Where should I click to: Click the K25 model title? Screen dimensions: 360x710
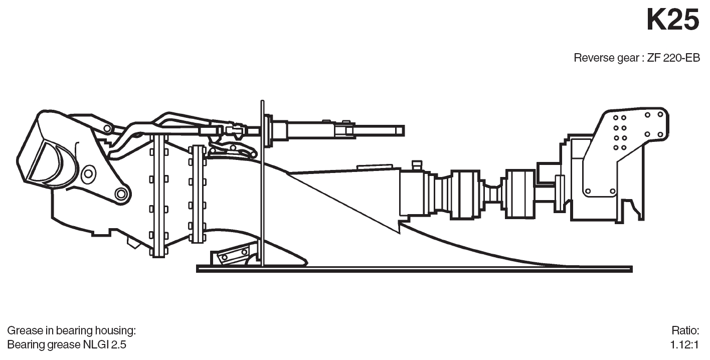coord(672,21)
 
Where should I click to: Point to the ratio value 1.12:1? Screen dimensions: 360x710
coord(684,345)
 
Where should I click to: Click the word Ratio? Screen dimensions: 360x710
coord(685,331)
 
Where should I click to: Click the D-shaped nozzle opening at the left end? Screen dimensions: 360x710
coord(48,160)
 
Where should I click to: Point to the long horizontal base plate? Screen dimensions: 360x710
coord(414,269)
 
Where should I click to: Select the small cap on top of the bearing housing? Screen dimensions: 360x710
coord(415,165)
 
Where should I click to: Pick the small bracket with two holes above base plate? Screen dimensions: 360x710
coord(232,255)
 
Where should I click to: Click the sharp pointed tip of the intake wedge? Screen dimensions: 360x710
coord(399,232)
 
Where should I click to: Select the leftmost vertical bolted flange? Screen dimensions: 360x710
coord(158,196)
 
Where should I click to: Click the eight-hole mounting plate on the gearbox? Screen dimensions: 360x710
coord(620,132)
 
